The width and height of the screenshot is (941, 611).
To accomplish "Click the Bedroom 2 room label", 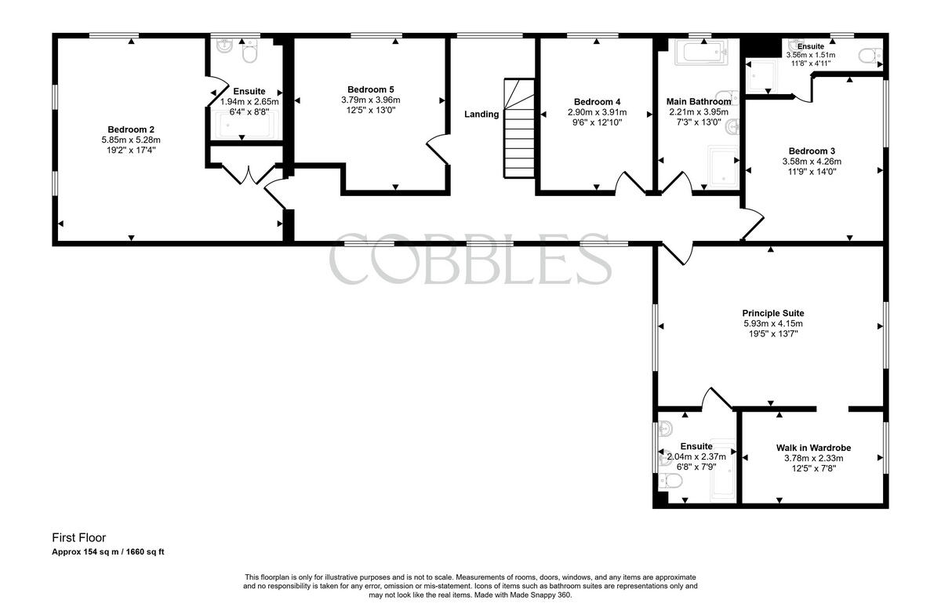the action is (131, 129).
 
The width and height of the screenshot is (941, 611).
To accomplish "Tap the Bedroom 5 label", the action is (370, 89).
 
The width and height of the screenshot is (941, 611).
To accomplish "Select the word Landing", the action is (481, 115).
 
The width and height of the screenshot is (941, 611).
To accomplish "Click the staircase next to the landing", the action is (519, 128).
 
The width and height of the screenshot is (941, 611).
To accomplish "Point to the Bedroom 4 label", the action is (597, 102).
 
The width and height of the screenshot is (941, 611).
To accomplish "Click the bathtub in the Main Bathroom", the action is (701, 53).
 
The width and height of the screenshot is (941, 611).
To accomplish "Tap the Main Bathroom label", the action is (699, 102).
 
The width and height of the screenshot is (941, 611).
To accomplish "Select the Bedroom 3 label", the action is (812, 151).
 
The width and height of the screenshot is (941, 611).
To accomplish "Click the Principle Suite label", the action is (773, 313).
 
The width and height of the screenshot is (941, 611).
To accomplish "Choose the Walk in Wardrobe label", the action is (814, 448).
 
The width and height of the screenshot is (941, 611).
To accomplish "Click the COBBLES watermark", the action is (470, 259).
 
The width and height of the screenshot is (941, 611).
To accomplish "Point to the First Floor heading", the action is (79, 538).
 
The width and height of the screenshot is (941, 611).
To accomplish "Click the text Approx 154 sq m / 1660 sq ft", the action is (108, 552).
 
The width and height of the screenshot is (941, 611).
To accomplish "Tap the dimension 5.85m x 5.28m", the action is (131, 140).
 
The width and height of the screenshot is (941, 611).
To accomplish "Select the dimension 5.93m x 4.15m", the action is (773, 324).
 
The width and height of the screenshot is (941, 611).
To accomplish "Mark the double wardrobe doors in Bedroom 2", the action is (249, 174).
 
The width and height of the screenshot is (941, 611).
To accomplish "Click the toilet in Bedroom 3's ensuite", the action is (870, 56).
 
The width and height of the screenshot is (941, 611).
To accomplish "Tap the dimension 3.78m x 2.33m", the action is (814, 459).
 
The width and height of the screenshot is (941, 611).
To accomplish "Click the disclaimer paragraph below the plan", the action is (470, 586).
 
